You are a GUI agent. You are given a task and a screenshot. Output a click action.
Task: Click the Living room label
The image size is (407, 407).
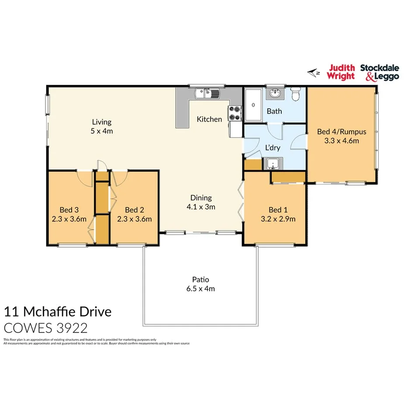102,122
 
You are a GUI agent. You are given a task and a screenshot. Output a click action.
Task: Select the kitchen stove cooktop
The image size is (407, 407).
235,114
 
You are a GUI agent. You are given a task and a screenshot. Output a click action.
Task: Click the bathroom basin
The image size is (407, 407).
275,93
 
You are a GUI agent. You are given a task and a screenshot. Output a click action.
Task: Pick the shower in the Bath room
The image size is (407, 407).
252,105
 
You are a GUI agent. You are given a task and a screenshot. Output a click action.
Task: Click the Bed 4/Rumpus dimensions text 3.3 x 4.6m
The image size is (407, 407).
341,141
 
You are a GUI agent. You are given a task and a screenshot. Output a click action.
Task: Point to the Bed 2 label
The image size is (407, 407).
134,210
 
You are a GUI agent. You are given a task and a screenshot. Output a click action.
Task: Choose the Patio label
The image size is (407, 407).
200,279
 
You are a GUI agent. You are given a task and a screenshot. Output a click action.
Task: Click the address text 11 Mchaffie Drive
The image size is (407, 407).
58,312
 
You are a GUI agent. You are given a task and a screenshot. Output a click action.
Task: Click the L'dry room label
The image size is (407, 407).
272,148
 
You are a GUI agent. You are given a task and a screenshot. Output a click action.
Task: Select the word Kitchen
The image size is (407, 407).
209,119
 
